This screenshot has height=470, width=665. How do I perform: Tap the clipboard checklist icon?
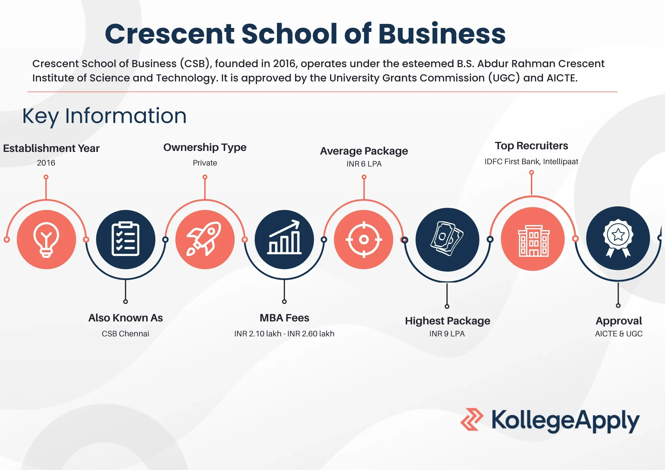(x=125, y=239)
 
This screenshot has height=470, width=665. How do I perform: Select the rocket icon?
(x=204, y=239)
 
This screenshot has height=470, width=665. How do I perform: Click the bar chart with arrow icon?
(x=284, y=237)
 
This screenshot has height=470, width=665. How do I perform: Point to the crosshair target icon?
(x=364, y=239)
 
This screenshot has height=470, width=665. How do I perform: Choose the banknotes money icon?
(x=447, y=239)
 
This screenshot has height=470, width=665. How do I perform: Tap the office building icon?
(x=534, y=241)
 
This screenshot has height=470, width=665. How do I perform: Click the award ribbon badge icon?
(x=618, y=238)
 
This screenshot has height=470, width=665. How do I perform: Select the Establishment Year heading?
(x=51, y=148)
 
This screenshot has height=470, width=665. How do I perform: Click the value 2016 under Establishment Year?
(x=46, y=163)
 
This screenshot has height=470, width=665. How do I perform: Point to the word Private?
(x=205, y=163)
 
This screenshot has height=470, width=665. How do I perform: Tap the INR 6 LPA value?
(x=364, y=164)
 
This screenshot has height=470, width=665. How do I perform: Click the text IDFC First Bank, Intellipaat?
(x=531, y=162)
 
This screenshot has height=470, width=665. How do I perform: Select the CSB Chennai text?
(x=125, y=334)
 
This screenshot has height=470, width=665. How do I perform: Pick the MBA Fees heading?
(x=284, y=318)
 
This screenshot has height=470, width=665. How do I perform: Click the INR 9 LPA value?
(x=447, y=334)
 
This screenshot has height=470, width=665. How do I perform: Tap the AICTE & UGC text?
(x=619, y=334)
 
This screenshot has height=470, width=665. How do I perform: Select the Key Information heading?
(x=104, y=116)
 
